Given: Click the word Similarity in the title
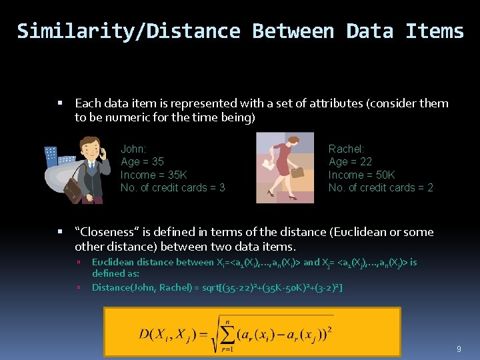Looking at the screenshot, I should click(x=60, y=31).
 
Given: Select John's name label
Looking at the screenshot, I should click(x=133, y=149).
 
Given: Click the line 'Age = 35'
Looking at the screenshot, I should click(x=142, y=162).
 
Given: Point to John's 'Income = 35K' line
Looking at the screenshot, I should click(x=154, y=175).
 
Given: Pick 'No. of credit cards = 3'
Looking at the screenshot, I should click(x=173, y=187).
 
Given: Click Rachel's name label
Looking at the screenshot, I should click(x=346, y=149).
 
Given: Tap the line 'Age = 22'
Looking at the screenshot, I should click(x=350, y=162).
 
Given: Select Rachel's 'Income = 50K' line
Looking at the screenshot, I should click(x=361, y=175).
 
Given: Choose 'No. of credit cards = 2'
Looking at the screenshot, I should click(x=381, y=187).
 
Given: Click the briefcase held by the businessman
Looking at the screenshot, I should click(x=73, y=191).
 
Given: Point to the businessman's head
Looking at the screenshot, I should click(x=89, y=147).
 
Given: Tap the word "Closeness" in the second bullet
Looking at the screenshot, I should click(x=105, y=232).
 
